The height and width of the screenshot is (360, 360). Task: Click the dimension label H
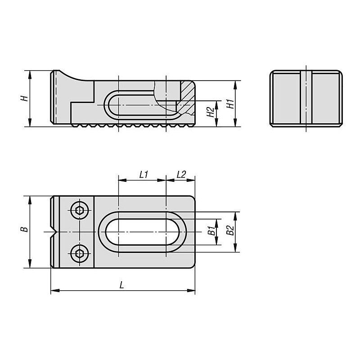tap(24, 98)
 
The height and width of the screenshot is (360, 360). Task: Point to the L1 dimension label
tap(144, 175)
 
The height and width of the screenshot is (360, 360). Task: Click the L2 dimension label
tap(181, 175)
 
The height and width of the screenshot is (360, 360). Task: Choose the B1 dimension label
tap(211, 231)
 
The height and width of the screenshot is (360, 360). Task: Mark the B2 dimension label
tap(230, 230)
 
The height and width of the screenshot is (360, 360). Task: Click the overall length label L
tap(121, 285)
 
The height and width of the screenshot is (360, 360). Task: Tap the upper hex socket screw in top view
tap(80, 210)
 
